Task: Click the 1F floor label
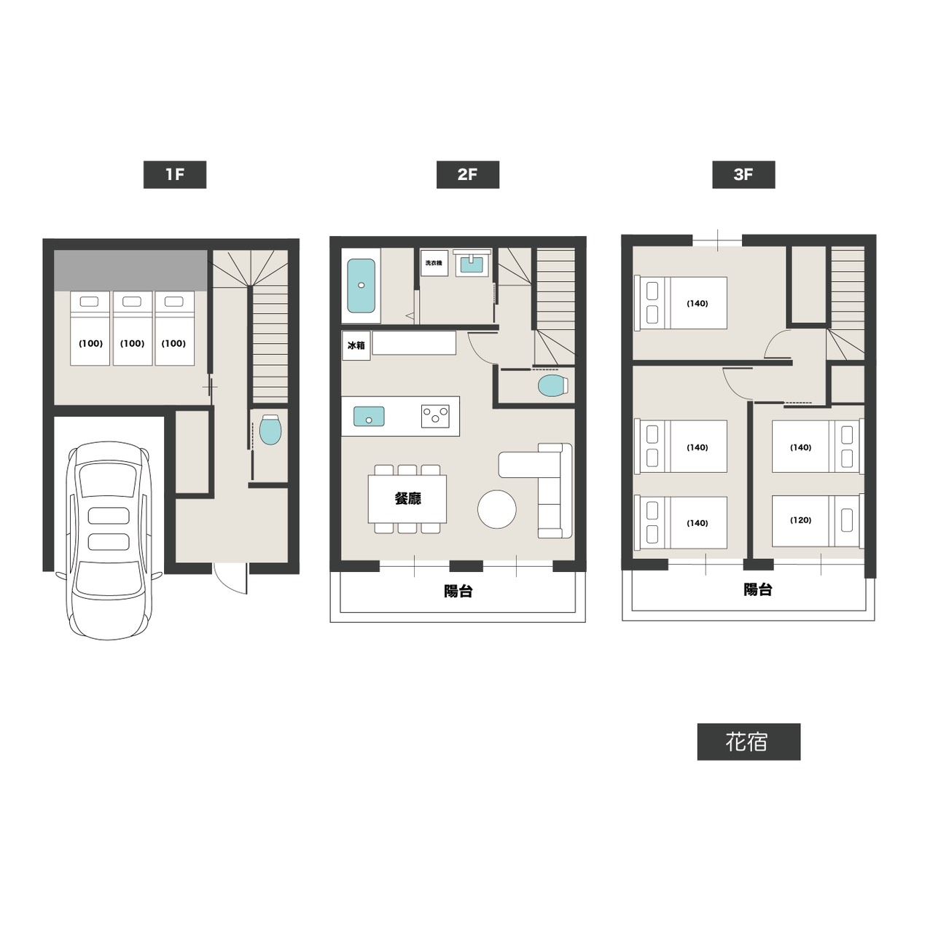coord(174,175)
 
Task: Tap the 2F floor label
coord(467,175)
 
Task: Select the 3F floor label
coord(743,175)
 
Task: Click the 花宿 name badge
coord(749,742)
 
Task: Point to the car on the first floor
coord(109,540)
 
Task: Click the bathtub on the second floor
coord(362,286)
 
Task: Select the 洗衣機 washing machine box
coord(434,263)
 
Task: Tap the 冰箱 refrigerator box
coord(356,345)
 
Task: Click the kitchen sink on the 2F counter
coord(369,416)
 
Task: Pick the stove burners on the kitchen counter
coord(435,416)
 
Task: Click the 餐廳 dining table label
coord(407,498)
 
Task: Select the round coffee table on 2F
coord(497,509)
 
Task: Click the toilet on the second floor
coord(552,386)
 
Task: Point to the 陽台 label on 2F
coord(458,591)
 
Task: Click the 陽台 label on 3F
coord(758,589)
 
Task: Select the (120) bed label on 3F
coord(800,520)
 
